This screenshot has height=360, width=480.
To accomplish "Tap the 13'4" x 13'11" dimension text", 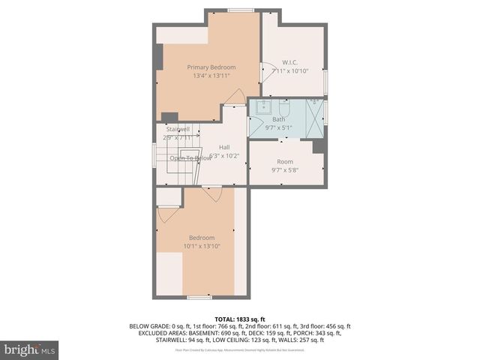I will [x=211, y=76].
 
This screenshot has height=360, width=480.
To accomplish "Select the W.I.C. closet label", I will [x=290, y=61].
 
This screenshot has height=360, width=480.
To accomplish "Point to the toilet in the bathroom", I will [x=283, y=107].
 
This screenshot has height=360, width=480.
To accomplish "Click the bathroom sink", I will [x=262, y=107].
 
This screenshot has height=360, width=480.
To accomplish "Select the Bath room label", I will [x=278, y=119].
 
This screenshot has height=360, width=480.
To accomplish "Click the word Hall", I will [x=224, y=147].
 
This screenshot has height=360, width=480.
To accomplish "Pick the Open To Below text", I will [x=190, y=158].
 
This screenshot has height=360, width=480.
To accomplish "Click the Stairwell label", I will [x=178, y=129].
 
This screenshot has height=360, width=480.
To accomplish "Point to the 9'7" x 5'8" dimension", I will [x=285, y=170].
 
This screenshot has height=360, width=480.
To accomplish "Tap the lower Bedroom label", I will [x=201, y=238].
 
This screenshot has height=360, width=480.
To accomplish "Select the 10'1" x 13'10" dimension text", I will [x=201, y=246].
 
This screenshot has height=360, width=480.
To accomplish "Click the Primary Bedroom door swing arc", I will [x=235, y=97].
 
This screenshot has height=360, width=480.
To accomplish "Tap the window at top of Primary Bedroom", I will [x=240, y=10].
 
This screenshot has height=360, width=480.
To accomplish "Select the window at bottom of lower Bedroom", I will [x=199, y=298].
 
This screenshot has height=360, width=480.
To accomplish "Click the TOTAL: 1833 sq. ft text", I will [x=240, y=319].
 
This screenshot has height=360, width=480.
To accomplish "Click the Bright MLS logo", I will [x=30, y=349].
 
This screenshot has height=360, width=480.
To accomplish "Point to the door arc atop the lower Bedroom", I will [x=211, y=193].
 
